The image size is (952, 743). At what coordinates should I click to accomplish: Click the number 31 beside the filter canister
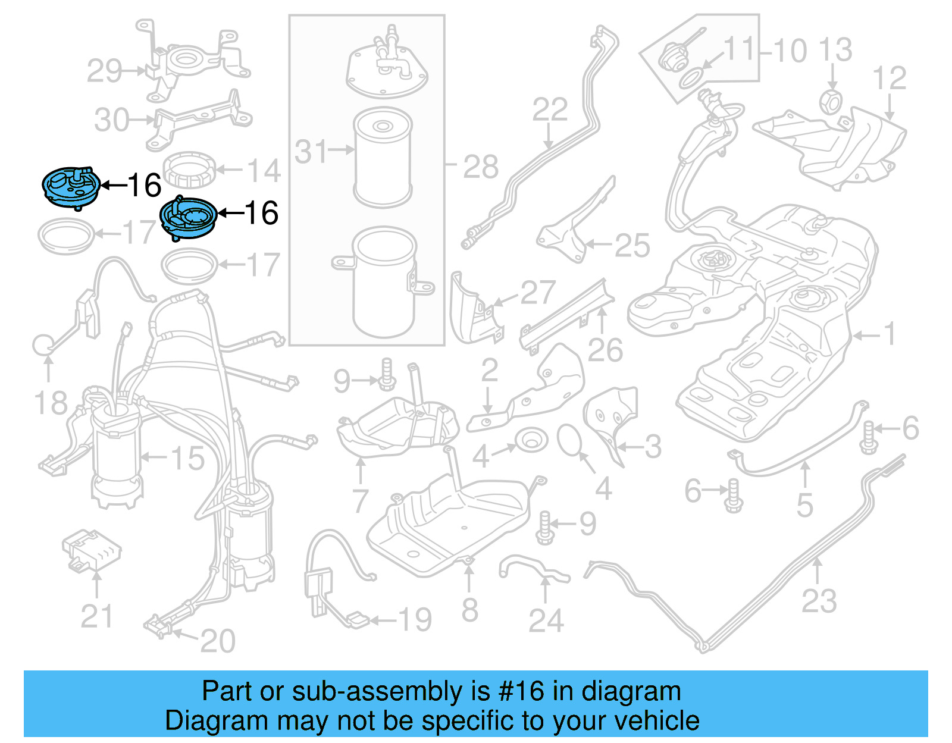311,152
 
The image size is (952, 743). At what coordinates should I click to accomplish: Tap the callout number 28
480,167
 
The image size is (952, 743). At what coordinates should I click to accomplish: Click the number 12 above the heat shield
889,78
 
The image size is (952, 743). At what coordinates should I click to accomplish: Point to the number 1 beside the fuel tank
890,334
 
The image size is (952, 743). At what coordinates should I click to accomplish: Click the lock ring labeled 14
189,170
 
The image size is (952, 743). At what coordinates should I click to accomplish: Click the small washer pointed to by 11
690,78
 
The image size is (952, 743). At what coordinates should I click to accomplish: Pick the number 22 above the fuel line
549,109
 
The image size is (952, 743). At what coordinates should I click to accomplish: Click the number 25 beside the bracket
632,245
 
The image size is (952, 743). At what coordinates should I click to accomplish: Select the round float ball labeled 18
43,345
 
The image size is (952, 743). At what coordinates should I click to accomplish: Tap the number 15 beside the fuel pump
187,458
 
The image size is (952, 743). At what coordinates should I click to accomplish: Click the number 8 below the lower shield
469,610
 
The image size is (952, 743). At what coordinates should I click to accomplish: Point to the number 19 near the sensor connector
414,620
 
